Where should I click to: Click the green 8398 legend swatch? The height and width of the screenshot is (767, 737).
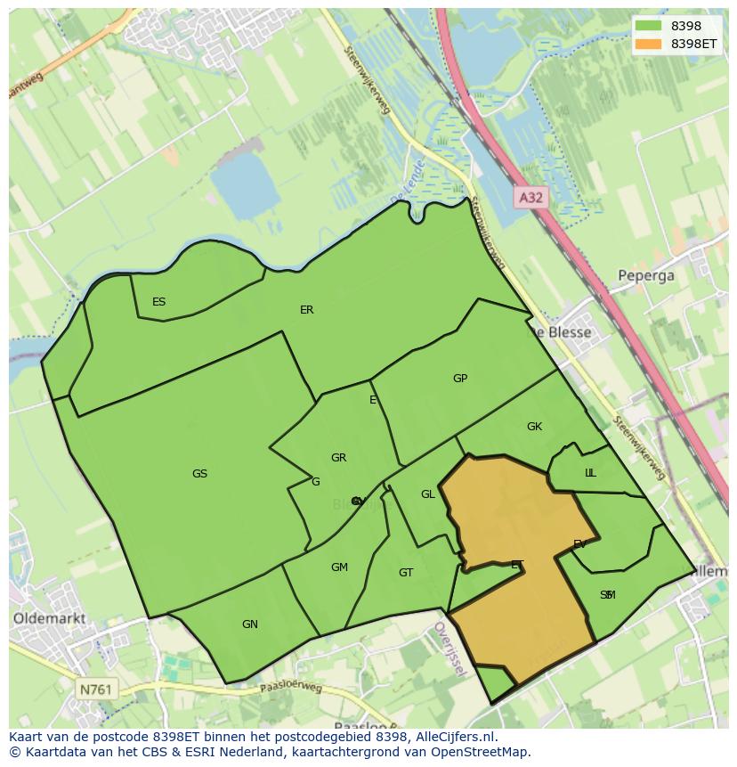[648, 27]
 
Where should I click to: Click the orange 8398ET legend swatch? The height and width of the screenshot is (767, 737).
[648, 44]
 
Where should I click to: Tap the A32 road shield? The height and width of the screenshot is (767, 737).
[530, 198]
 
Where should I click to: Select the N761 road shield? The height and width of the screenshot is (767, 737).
[95, 689]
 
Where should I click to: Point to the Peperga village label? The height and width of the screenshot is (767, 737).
[646, 275]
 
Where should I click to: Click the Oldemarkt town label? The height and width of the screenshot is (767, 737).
[49, 616]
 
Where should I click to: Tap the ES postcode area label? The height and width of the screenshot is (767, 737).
[158, 302]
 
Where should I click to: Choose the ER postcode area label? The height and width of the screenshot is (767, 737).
[306, 310]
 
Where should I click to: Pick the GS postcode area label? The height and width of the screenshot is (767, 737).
[199, 474]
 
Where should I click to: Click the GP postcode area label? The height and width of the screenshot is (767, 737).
[459, 379]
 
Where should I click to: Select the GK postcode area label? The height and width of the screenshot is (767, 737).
[534, 427]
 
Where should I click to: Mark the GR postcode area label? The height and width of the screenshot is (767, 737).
[338, 458]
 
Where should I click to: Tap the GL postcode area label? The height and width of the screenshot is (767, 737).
[428, 494]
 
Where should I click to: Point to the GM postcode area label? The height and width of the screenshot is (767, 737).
[339, 567]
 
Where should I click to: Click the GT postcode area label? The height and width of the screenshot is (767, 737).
[406, 573]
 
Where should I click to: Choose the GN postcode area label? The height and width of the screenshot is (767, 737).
[250, 624]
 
